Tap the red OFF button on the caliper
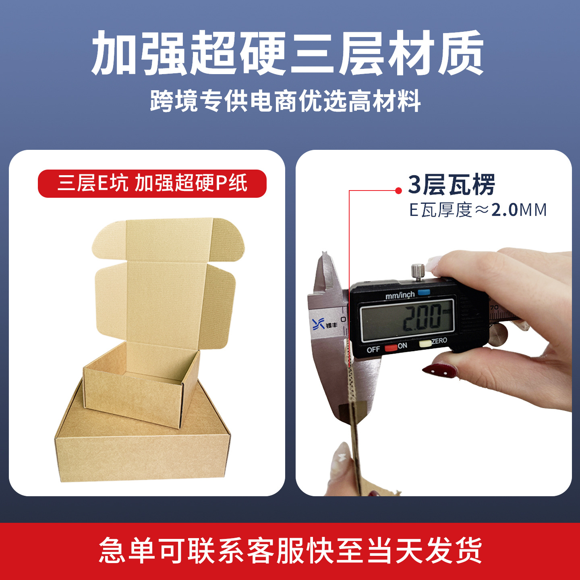click(391, 348)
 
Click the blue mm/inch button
click(424, 292)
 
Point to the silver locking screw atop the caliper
click(418, 272)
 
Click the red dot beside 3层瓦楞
click(398, 191)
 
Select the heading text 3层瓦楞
click(452, 185)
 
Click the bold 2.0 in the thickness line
click(504, 210)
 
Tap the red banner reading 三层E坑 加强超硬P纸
click(152, 184)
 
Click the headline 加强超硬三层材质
click(288, 53)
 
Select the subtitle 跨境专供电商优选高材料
click(285, 101)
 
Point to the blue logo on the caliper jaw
click(319, 323)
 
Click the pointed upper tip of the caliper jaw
click(324, 252)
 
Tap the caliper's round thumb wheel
click(498, 334)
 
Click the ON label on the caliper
click(402, 346)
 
